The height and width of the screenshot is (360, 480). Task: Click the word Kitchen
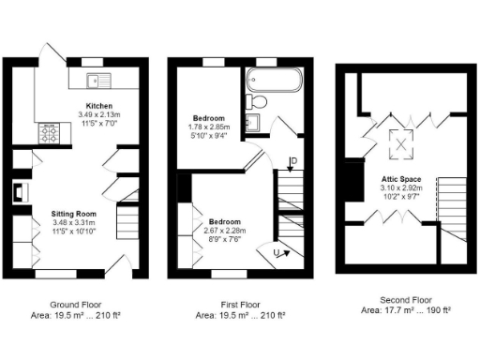[x=99, y=106]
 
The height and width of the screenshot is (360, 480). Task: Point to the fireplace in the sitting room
[x=19, y=194]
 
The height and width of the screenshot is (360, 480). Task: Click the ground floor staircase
[x=126, y=224]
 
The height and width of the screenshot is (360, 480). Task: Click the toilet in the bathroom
[x=260, y=100]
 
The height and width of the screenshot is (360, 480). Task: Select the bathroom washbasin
[x=250, y=122]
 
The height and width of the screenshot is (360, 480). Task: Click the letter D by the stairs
[x=293, y=163]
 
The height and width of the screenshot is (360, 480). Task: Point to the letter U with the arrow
[x=277, y=251]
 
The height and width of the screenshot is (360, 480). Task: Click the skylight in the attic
[x=405, y=142]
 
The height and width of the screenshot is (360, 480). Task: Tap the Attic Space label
[x=400, y=179]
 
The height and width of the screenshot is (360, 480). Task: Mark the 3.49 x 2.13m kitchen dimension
[x=99, y=114]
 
